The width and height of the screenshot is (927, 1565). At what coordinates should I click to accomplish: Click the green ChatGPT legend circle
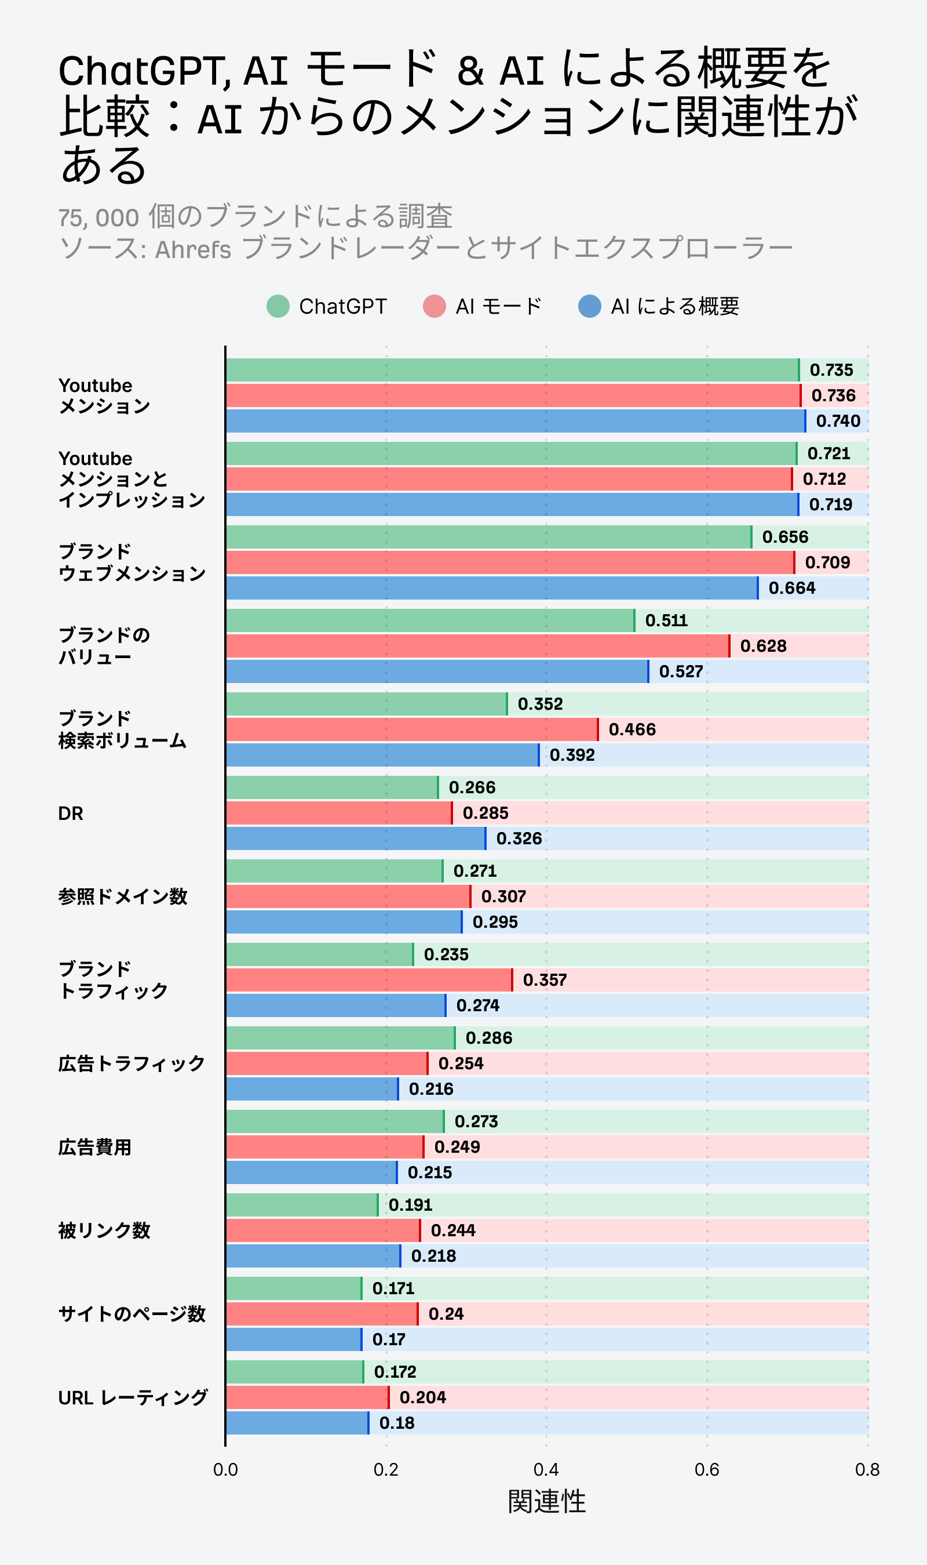278,306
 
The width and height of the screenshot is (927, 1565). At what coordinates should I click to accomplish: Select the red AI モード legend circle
434,306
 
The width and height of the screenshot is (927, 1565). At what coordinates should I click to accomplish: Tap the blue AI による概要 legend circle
590,306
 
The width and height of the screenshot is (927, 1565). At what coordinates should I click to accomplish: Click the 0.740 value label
838,420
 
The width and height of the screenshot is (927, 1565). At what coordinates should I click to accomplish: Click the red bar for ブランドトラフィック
368,979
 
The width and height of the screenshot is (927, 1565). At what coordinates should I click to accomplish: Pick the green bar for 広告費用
335,1121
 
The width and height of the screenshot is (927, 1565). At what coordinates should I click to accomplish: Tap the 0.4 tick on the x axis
546,1469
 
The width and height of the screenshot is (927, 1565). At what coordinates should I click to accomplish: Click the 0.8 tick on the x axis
867,1469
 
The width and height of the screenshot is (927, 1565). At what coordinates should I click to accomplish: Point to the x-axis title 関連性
546,1501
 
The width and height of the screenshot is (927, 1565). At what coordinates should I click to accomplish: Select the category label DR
71,813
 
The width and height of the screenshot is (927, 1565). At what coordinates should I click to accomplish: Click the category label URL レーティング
133,1397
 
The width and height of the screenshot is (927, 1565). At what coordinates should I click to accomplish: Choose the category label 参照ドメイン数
122,896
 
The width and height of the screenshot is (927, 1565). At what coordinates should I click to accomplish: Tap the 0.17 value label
389,1339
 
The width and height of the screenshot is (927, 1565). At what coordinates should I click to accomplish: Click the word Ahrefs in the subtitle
193,249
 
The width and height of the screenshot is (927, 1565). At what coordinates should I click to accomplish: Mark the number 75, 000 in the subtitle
98,217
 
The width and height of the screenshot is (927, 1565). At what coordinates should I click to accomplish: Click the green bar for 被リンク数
302,1204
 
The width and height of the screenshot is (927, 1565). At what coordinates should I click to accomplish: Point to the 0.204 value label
422,1397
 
